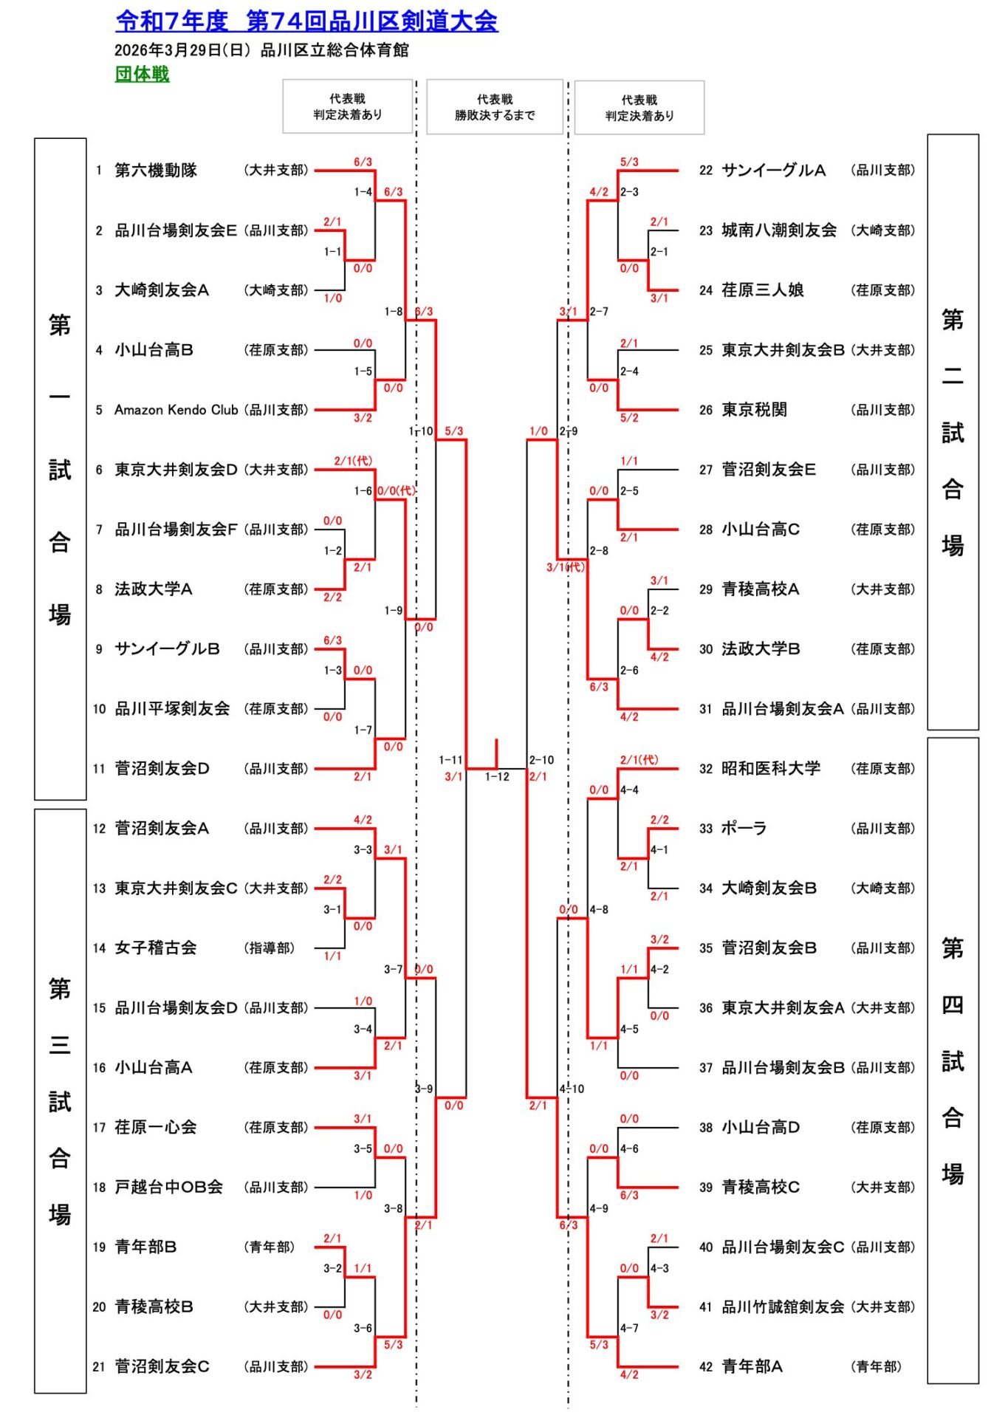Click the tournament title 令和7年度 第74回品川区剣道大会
[x=306, y=21]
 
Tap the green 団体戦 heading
[x=142, y=74]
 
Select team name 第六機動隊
[x=156, y=171]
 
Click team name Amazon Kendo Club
[x=176, y=410]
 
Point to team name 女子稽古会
[x=156, y=948]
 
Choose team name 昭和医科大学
[x=771, y=769]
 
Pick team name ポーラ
[x=744, y=829]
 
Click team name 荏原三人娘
[x=763, y=290]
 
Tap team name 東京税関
[x=754, y=410]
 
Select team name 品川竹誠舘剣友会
[x=783, y=1307]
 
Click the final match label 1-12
[x=497, y=777]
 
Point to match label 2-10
[x=542, y=760]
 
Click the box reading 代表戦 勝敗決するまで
[x=495, y=107]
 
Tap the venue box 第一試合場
[x=60, y=469]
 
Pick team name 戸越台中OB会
[x=168, y=1188]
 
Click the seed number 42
[x=706, y=1367]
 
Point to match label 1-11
[x=450, y=760]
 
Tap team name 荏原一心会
[x=156, y=1128]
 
